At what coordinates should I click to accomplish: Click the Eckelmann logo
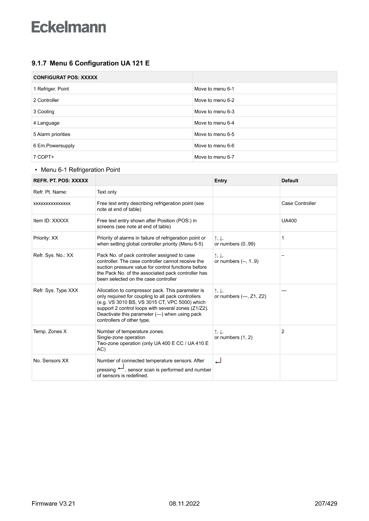(69, 27)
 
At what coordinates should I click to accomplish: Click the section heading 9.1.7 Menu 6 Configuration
(90, 64)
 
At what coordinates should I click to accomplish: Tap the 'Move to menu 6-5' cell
(214, 134)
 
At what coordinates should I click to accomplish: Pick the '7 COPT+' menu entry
(43, 157)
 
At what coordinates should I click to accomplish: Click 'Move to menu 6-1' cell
(214, 89)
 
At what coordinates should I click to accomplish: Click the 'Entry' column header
(220, 181)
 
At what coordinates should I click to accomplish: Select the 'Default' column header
(290, 181)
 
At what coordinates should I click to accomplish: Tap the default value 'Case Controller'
(299, 203)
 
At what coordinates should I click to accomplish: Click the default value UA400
(289, 221)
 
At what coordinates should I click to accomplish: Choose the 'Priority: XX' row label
(46, 238)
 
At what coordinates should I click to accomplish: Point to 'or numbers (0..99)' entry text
(235, 244)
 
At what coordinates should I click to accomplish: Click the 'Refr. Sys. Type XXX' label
(56, 290)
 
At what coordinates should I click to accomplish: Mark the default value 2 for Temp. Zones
(283, 332)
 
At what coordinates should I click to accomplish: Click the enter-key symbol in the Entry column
(218, 361)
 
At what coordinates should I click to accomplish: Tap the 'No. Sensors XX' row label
(51, 361)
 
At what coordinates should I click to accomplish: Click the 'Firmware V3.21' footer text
(53, 504)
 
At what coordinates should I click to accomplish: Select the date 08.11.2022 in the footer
(184, 504)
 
